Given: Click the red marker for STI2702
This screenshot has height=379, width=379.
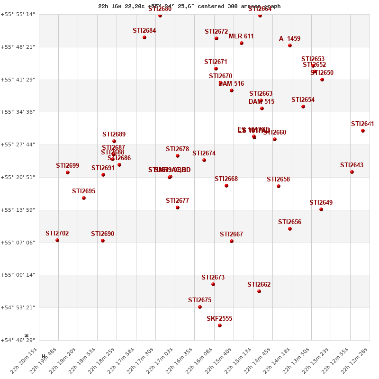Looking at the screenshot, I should point(57,240).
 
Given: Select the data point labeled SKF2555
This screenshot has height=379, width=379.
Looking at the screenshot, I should point(220,325).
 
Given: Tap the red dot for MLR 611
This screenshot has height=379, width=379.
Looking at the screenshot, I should point(242,43).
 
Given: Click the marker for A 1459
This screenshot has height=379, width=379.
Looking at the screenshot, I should point(290,45).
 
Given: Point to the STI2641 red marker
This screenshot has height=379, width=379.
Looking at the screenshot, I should point(363,131).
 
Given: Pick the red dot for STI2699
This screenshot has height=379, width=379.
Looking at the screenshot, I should point(68,172).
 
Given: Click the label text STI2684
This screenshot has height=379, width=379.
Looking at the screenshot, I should point(144,31).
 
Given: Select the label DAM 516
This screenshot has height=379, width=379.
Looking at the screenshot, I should point(231,84).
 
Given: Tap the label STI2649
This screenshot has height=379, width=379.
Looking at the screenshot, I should point(321,203).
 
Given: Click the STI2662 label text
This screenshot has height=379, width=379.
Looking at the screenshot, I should point(259,285).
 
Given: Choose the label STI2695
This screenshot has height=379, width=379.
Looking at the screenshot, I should point(83,191).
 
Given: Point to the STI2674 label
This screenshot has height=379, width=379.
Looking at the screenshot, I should point(204,153).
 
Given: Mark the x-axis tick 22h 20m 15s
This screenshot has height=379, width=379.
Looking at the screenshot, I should point(27,361).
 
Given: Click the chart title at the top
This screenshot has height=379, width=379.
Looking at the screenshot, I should point(189,6).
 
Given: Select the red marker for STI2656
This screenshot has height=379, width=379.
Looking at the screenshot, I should point(290,229).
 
